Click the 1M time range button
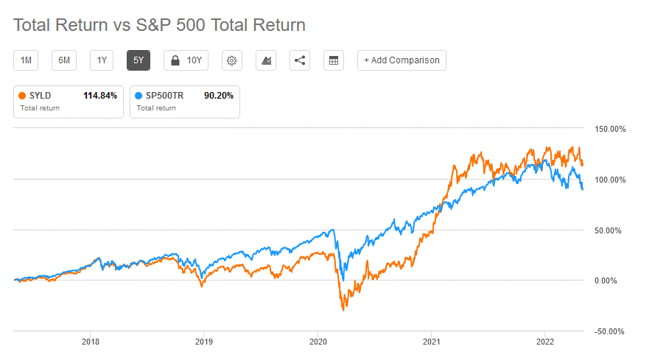pos(26,60)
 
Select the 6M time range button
pos(64,60)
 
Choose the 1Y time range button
pos(102,60)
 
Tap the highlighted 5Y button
pos(139,60)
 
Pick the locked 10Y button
pos(186,60)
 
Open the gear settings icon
pos(232,60)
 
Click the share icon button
pos(300,60)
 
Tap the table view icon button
pos(334,60)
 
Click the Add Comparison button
pos(402,60)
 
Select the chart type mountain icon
pos(266,60)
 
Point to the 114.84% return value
pos(99,96)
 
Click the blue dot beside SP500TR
pos(140,96)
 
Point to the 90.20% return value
pos(219,96)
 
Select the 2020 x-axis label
pos(318,342)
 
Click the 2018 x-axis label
pos(91,342)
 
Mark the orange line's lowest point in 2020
pos(343,310)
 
